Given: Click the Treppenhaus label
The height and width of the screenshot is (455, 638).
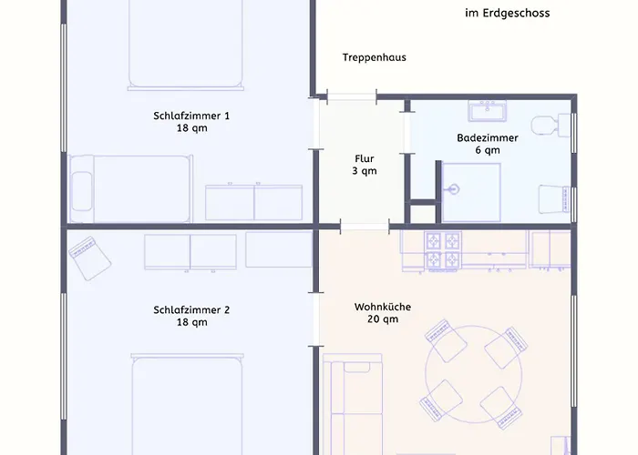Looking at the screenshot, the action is point(375,57).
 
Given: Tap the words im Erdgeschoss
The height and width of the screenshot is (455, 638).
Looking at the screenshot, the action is point(508,13).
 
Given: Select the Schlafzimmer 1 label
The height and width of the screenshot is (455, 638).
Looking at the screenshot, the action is point(191,116).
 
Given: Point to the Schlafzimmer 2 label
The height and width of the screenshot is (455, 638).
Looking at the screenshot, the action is point(191,310).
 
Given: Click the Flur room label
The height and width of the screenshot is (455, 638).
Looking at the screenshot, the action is point(365,159).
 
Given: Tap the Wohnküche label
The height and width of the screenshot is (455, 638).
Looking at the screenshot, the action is point(383,307).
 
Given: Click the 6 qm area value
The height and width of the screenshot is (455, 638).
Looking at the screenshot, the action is point(488,150).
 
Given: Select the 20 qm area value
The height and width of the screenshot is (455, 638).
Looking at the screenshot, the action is point(383,319).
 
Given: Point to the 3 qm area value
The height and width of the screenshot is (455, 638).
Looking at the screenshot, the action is point(365,171).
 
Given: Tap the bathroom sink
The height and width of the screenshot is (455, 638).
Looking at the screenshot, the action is point(487,111).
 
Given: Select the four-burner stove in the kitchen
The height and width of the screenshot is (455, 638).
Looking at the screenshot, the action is point(443,251).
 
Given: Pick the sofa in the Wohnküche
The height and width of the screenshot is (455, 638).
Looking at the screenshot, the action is point(353,404).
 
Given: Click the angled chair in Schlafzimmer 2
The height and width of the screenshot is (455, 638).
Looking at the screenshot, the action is point(89,258).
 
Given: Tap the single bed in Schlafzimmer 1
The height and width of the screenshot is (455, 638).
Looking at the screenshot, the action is point(130,188).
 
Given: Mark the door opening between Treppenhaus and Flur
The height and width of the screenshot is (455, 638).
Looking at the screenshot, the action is point(352,96).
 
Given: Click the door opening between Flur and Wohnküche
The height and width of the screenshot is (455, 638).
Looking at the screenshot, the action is point(365,227).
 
